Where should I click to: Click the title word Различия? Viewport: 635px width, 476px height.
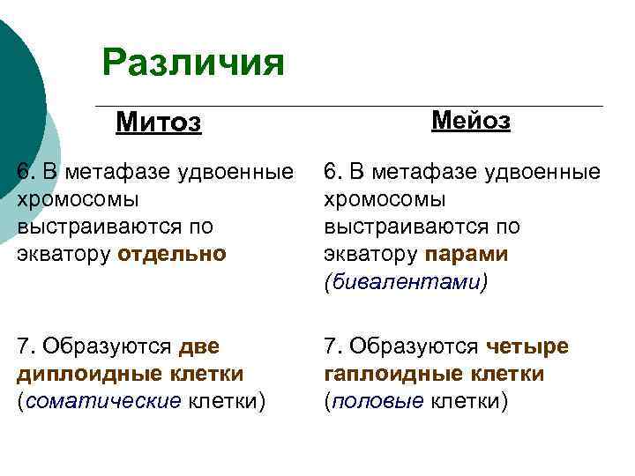(193, 63)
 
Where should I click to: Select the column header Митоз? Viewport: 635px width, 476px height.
(159, 123)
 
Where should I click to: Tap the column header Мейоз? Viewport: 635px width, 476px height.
(470, 121)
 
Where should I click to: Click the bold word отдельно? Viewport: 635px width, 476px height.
(171, 254)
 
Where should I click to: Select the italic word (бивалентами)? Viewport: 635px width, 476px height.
(405, 282)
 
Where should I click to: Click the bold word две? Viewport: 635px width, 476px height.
(198, 346)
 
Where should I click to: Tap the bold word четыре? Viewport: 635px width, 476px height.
(527, 346)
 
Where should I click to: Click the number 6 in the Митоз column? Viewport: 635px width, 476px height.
(22, 171)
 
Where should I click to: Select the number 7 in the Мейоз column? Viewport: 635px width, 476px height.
(330, 346)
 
